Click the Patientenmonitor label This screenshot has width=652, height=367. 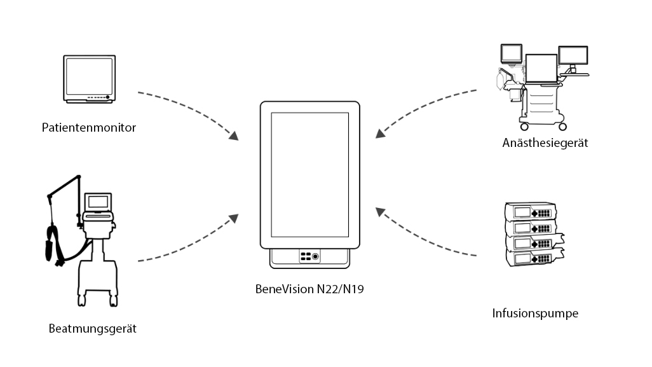pos(89,128)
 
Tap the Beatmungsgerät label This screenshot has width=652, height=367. pos(93,329)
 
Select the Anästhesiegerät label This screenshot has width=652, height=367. pos(545,143)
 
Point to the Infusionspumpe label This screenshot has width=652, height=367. pos(535,314)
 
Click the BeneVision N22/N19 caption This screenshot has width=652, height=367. pos(310,289)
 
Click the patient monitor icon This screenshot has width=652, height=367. pos(90,78)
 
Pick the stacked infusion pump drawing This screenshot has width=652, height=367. pos(533,234)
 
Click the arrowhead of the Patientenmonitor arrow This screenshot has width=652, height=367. pos(234,135)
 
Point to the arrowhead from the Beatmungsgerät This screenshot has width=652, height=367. pos(233,218)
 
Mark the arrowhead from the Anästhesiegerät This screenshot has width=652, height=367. pos(379,133)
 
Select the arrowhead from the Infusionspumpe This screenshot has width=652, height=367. pos(379,211)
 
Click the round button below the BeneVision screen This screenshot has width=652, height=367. pos(316,256)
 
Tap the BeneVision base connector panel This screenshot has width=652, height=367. pos(310,256)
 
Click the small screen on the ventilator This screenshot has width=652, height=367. pos(98,202)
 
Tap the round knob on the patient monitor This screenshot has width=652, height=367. pos(109,98)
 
